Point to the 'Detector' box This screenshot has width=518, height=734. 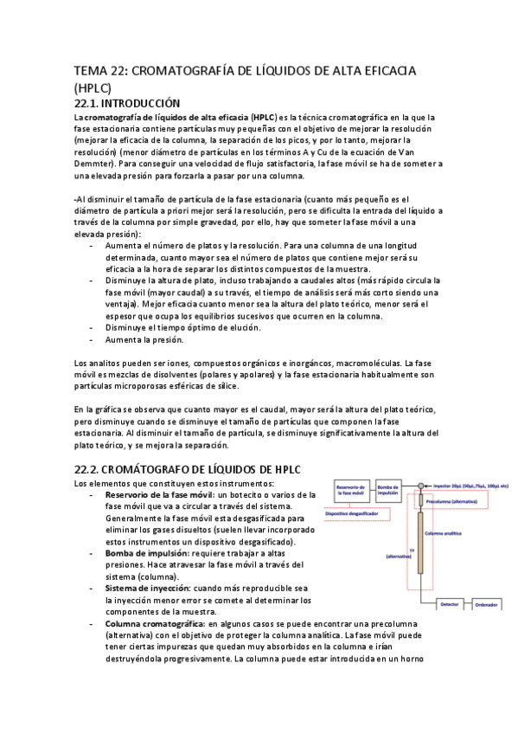click(x=449, y=604)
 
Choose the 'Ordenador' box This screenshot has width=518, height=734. click(x=485, y=604)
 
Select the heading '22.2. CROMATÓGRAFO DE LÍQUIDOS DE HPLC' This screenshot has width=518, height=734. click(x=187, y=468)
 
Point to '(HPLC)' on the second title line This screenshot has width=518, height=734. click(x=93, y=88)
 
